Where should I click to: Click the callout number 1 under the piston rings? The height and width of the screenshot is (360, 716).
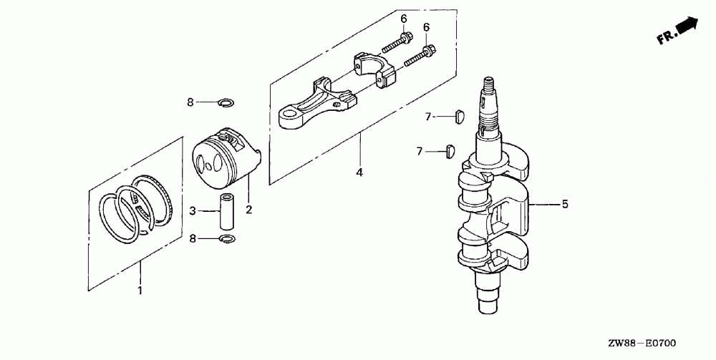pyautogui.click(x=140, y=291)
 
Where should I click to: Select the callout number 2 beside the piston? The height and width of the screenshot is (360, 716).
pyautogui.click(x=248, y=210)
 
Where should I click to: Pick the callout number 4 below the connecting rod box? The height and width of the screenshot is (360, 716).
pyautogui.click(x=360, y=172)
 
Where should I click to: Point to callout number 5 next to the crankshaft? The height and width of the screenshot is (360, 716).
pyautogui.click(x=564, y=205)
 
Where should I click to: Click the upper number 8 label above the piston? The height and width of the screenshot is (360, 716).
pyautogui.click(x=190, y=102)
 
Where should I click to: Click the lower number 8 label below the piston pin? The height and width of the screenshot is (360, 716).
pyautogui.click(x=192, y=238)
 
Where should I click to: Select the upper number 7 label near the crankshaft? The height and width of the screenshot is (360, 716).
pyautogui.click(x=428, y=116)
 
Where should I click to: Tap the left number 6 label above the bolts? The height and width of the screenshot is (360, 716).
pyautogui.click(x=402, y=18)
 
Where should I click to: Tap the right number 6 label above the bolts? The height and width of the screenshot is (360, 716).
pyautogui.click(x=427, y=27)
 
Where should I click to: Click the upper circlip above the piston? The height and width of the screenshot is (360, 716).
pyautogui.click(x=224, y=102)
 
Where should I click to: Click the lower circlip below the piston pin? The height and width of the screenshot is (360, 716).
pyautogui.click(x=227, y=238)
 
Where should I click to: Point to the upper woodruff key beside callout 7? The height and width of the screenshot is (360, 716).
pyautogui.click(x=461, y=114)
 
